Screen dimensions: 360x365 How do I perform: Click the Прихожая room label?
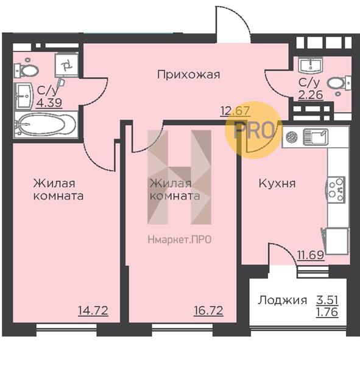click(x=189, y=75)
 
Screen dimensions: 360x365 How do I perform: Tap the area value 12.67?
click(x=235, y=111)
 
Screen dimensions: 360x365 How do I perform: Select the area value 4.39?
click(x=49, y=103)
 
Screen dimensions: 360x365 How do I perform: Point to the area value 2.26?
click(x=311, y=95)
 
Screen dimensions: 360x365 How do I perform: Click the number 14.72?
click(x=93, y=310)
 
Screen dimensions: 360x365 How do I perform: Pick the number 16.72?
click(x=208, y=310)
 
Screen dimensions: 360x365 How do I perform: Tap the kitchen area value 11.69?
click(x=311, y=255)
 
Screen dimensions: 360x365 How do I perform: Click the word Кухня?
click(x=277, y=184)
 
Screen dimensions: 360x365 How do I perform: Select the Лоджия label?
click(x=283, y=301)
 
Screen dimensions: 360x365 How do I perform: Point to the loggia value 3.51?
click(x=327, y=300)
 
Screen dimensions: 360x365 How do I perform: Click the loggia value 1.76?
click(x=327, y=312)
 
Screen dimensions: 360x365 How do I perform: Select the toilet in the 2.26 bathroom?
click(x=339, y=83)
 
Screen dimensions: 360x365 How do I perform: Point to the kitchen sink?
click(x=316, y=137)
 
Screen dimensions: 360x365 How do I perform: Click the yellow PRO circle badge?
click(x=253, y=130)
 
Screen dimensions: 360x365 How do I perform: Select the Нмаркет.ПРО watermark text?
click(x=180, y=240)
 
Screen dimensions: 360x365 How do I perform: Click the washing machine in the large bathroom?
click(x=66, y=65)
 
